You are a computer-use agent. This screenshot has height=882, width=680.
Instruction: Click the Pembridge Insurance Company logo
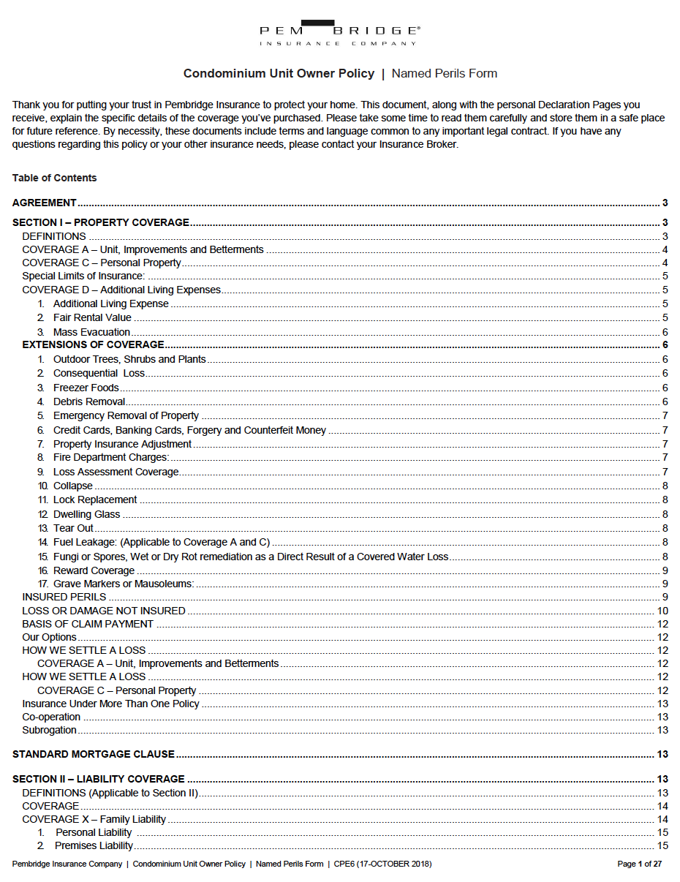(339, 33)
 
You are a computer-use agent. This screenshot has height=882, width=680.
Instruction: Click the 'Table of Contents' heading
(54, 178)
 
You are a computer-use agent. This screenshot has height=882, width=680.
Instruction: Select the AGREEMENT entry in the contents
(45, 203)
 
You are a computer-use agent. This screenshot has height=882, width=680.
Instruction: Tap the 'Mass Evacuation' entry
(91, 332)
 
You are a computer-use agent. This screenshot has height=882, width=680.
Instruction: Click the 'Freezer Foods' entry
(86, 388)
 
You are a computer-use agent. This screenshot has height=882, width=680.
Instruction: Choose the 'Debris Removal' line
(88, 402)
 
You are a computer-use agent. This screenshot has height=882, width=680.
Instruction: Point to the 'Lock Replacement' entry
(95, 500)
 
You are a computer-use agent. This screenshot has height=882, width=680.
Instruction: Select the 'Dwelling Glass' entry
(86, 514)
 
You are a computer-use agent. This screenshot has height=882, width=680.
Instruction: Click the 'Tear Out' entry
(73, 528)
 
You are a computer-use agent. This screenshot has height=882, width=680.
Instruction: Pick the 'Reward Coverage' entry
(94, 570)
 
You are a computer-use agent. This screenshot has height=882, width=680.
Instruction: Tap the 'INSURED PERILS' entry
(64, 597)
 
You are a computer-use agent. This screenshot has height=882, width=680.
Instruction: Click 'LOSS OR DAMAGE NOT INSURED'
(104, 611)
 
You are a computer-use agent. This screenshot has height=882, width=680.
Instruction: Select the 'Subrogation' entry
(49, 730)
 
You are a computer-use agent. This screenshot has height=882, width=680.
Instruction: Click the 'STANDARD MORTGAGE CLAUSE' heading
(94, 754)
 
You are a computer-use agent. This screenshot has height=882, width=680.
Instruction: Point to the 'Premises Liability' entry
(94, 845)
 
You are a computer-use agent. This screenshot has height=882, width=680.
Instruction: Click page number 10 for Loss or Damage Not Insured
(662, 611)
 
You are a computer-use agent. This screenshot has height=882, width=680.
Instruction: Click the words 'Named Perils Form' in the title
(445, 73)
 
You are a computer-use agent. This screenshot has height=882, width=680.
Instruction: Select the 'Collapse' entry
(73, 486)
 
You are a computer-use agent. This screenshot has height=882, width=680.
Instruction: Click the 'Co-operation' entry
(51, 717)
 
